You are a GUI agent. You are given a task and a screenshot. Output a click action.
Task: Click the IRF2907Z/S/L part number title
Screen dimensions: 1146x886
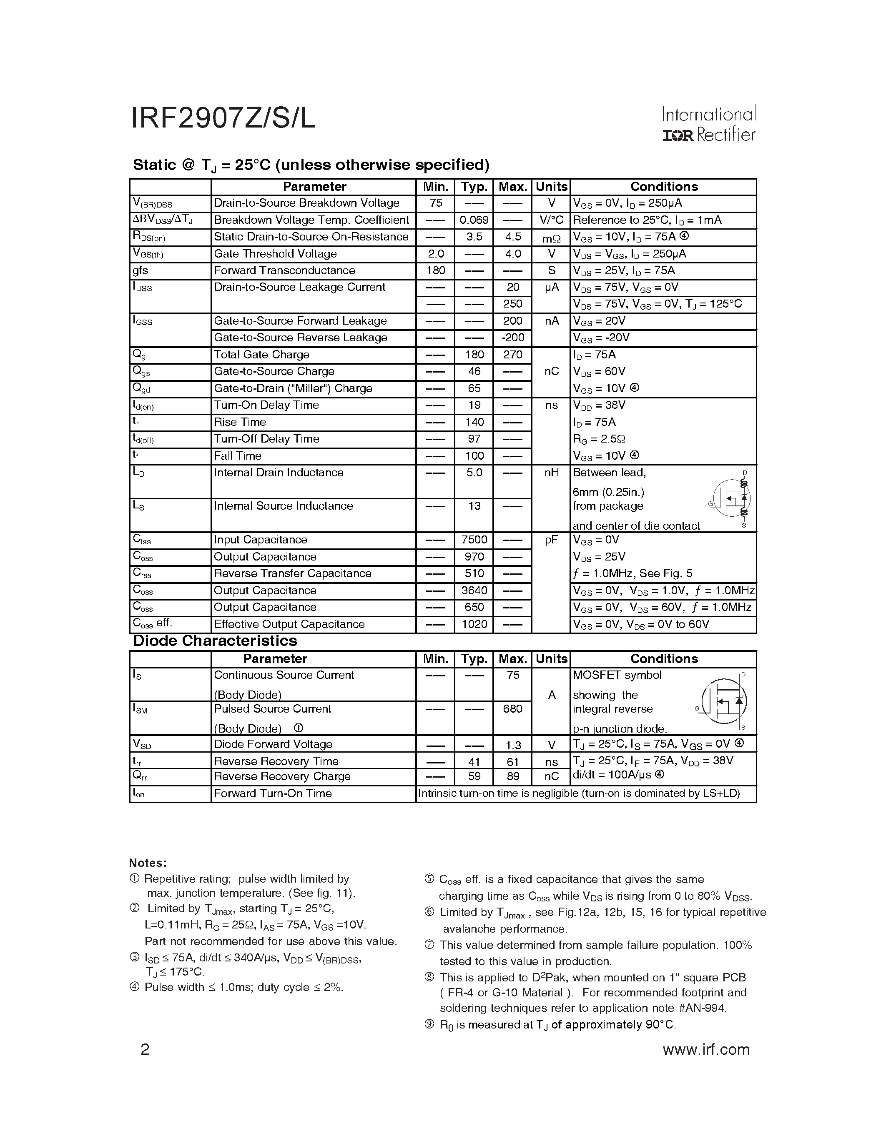pyautogui.click(x=223, y=118)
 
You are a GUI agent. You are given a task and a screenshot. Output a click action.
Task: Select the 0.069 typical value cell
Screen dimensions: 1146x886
pyautogui.click(x=474, y=220)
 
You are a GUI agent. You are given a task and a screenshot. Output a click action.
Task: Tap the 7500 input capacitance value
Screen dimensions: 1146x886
pyautogui.click(x=474, y=540)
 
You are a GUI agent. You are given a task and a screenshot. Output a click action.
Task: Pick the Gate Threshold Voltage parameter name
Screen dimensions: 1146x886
pyautogui.click(x=275, y=254)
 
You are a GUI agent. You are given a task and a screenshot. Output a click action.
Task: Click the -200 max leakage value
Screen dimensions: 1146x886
pyautogui.click(x=512, y=338)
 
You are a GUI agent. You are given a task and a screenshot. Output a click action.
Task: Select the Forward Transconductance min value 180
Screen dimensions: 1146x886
pyautogui.click(x=436, y=271)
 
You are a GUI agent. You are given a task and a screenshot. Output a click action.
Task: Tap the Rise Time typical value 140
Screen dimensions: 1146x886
pyautogui.click(x=474, y=423)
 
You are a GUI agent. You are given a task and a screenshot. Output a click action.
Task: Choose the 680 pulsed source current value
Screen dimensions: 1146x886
pyautogui.click(x=512, y=709)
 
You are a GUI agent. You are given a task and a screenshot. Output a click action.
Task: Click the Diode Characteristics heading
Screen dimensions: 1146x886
pyautogui.click(x=215, y=641)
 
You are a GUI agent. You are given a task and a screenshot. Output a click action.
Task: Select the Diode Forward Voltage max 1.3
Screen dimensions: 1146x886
pyautogui.click(x=513, y=745)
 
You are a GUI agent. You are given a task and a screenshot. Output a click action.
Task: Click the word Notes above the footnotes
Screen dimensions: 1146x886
pyautogui.click(x=148, y=863)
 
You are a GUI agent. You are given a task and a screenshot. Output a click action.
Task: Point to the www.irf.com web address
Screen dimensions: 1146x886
pyautogui.click(x=706, y=1049)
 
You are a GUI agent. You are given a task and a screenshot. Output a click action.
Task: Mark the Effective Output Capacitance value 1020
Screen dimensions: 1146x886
pyautogui.click(x=474, y=624)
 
